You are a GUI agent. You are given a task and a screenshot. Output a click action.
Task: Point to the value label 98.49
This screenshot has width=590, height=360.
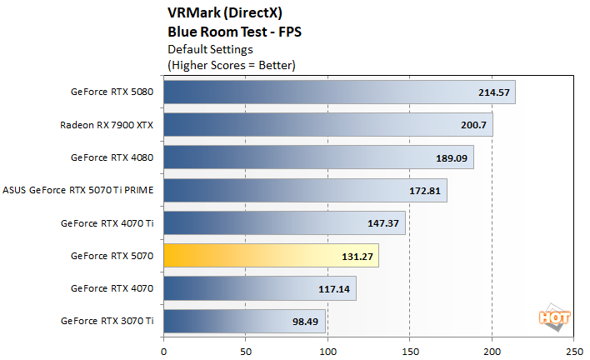306,321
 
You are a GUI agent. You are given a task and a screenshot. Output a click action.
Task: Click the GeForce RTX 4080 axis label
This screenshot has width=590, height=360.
112,157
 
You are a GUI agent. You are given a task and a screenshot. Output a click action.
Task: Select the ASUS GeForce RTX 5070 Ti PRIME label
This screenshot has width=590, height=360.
78,190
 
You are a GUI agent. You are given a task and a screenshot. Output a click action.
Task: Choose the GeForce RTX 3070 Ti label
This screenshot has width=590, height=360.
107,321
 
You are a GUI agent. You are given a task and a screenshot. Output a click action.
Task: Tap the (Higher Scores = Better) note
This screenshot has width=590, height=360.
232,64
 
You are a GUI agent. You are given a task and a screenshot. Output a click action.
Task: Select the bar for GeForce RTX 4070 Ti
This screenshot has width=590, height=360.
284,223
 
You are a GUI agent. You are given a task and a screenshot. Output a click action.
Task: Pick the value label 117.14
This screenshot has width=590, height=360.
337,288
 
